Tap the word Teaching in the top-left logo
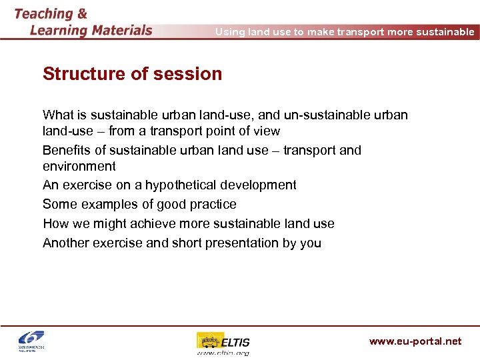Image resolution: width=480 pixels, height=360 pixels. tap(43, 13)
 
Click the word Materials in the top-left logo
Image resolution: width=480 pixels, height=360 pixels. tap(115, 30)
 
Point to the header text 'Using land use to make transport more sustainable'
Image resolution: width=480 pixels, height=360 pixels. tap(345, 32)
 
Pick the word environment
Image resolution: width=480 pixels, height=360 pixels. tap(79, 167)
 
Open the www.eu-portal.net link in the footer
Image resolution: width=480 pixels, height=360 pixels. tap(415, 341)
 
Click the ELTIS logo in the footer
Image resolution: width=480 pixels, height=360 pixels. tap(223, 343)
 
